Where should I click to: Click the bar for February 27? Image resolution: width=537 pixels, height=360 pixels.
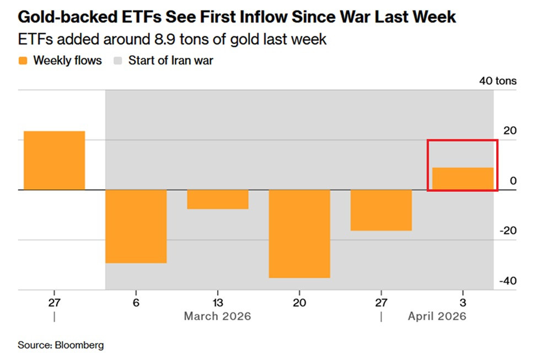coord(54,160)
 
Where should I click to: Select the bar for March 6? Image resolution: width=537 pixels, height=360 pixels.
coord(136,226)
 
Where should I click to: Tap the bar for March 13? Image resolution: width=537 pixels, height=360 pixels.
coord(217,199)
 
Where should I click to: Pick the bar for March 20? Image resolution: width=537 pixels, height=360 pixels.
coord(299,234)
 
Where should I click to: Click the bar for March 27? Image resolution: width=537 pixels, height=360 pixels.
coord(381,210)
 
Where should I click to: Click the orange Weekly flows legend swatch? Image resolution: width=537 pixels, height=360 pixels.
coord(23,61)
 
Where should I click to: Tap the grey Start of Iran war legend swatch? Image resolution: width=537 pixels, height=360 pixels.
coord(118,61)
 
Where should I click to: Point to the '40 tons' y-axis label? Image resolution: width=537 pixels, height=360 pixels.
coord(498,81)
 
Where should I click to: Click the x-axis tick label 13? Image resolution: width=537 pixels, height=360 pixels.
coord(217,303)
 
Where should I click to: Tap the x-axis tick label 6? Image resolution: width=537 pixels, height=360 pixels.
coord(136,303)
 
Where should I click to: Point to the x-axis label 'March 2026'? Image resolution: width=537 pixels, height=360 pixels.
coord(217,316)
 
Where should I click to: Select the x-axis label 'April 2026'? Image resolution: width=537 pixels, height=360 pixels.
coord(437,316)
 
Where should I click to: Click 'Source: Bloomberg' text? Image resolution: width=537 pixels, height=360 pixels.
coord(61,345)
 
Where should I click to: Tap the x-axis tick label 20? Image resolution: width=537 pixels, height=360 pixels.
coord(299,303)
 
